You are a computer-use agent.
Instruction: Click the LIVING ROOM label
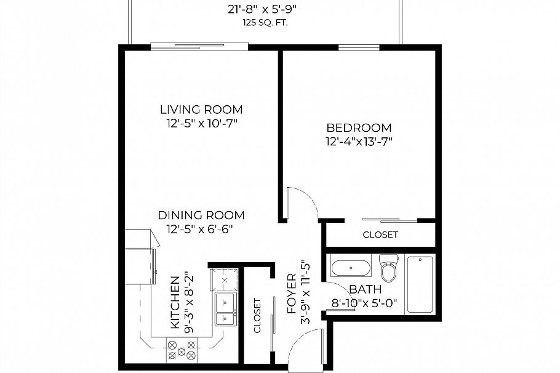[201, 110]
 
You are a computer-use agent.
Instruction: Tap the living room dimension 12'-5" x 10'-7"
[201, 124]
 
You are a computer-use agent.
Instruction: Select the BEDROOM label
[359, 128]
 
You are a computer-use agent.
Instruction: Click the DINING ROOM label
[201, 215]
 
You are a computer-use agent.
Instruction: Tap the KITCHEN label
[175, 301]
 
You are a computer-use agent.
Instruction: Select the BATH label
[365, 289]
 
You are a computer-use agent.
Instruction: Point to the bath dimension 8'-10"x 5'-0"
[365, 303]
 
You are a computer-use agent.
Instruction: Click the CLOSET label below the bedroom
[380, 235]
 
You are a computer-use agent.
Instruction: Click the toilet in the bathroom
[388, 270]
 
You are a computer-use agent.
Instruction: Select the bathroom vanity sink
[351, 268]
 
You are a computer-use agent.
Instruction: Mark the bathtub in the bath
[420, 284]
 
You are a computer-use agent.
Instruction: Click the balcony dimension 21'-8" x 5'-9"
[264, 9]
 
